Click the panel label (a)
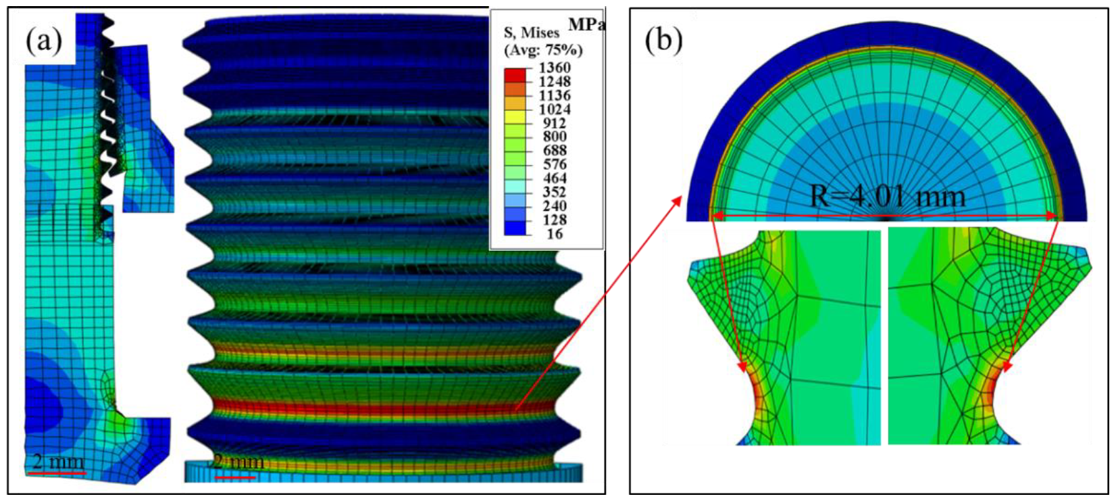44,42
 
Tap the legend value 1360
554,68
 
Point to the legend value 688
555,151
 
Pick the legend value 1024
554,109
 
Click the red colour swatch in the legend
514,74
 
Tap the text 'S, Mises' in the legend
532,32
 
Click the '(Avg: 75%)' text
543,50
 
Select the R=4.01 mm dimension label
888,197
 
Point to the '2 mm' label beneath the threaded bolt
239,462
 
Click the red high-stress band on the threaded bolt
378,408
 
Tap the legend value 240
555,206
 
